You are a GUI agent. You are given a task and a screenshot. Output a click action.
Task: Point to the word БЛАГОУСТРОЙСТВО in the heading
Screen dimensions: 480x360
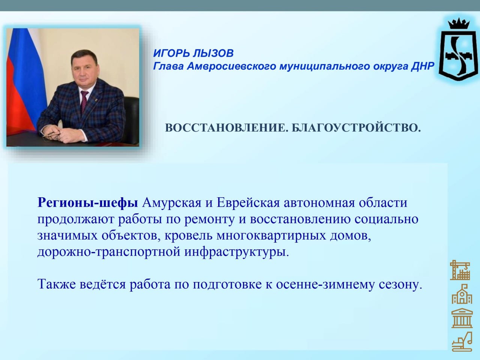tap(356, 127)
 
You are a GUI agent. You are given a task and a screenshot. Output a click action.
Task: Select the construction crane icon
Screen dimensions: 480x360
tap(460, 270)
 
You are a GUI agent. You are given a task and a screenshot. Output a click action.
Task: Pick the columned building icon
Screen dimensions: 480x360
tap(462, 318)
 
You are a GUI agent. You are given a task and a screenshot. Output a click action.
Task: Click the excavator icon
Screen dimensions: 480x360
tap(462, 342)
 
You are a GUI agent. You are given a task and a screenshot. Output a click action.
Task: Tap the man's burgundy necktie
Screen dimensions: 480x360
tap(84, 103)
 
